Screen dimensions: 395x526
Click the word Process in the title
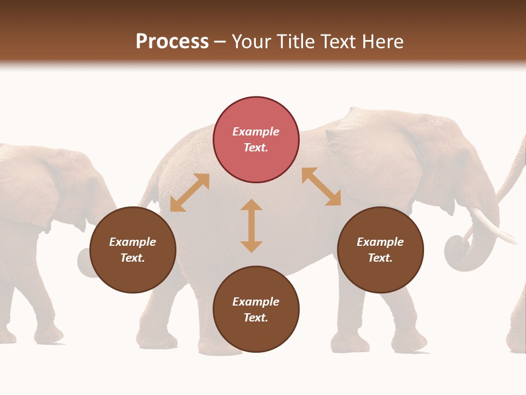coord(172,42)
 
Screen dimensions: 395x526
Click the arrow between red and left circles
coord(190,193)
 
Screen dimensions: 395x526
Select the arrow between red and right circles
coord(321,187)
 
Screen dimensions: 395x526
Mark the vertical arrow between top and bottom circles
coord(251,225)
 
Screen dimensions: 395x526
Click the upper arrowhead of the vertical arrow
coord(251,205)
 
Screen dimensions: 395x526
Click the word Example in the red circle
coord(256,132)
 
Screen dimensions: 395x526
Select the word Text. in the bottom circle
coord(256,318)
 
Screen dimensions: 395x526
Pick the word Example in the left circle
coord(133,242)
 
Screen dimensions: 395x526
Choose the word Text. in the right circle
coord(380,258)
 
